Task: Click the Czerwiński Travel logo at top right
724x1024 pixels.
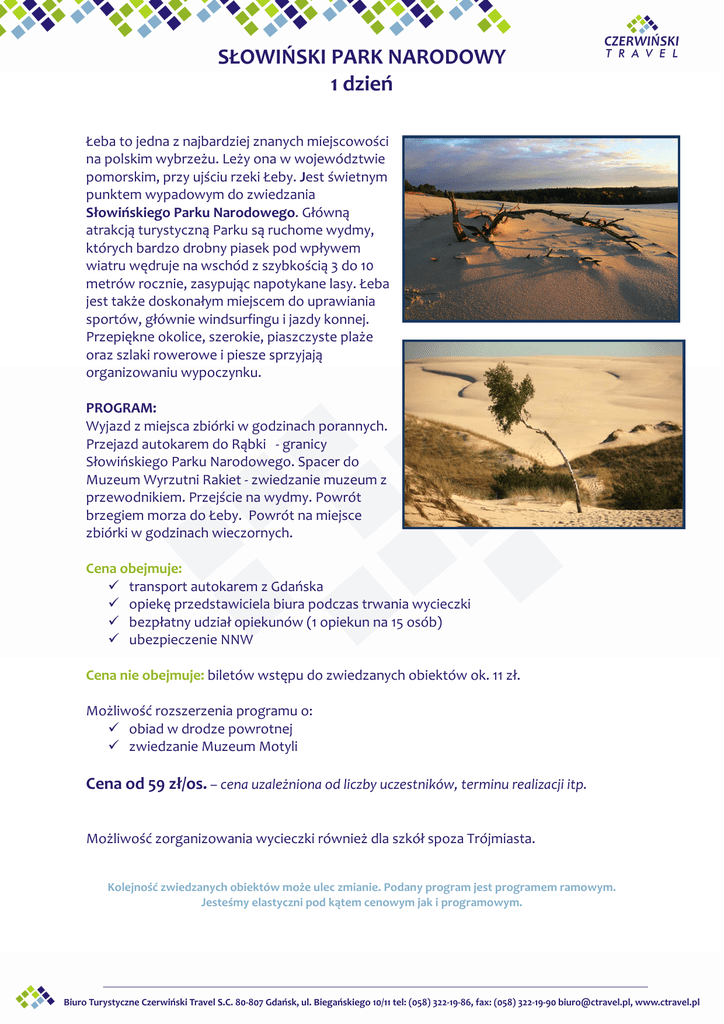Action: tap(641, 37)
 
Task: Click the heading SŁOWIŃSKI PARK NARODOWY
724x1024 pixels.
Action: tap(362, 58)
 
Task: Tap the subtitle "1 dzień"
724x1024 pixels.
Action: tap(362, 85)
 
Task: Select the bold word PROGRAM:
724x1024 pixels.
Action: tap(121, 408)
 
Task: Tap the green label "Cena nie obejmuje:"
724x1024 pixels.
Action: tap(145, 675)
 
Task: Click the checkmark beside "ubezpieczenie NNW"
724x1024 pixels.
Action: tap(114, 639)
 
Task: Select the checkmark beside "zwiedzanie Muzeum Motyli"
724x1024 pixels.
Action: tap(114, 747)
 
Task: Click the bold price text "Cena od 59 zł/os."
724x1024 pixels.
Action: tap(146, 784)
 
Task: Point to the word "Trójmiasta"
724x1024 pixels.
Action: tap(501, 838)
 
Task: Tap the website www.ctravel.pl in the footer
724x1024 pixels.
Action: tap(667, 1002)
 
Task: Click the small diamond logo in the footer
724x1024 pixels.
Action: tap(35, 997)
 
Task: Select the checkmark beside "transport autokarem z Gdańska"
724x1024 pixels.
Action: tap(114, 586)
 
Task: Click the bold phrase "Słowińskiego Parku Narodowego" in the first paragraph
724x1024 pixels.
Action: tap(191, 213)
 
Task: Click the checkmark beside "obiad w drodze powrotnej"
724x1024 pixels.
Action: tap(114, 729)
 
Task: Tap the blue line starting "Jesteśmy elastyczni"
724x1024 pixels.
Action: tap(361, 902)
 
